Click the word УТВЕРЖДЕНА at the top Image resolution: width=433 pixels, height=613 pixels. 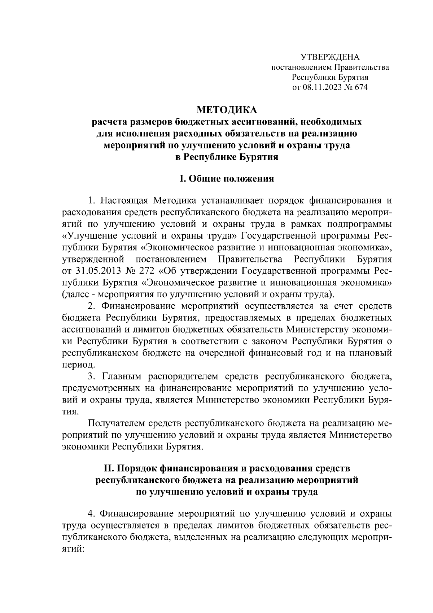pos(330,57)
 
